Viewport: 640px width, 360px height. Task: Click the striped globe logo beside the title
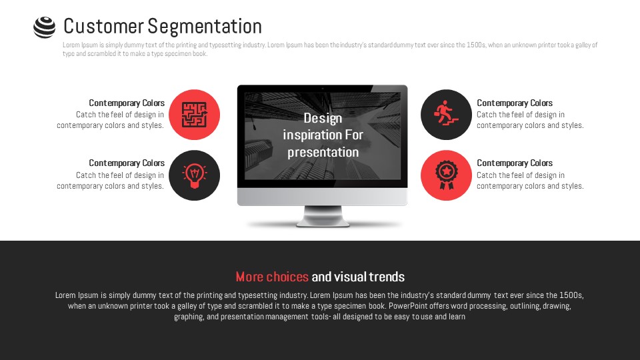[x=44, y=27]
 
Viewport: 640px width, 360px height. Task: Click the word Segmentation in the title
[x=205, y=27]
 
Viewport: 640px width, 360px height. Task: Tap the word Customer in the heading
[x=104, y=27]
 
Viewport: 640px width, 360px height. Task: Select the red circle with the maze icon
[x=194, y=115]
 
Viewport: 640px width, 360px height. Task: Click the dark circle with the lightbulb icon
[x=194, y=175]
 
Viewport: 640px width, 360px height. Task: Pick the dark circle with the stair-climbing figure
[x=446, y=115]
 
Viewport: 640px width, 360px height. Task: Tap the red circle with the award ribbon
[x=446, y=175]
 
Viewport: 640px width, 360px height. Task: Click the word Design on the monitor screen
[x=323, y=119]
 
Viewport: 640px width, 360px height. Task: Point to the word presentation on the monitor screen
[x=323, y=152]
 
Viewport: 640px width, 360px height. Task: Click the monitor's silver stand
[x=323, y=216]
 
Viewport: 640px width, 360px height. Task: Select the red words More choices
[x=272, y=277]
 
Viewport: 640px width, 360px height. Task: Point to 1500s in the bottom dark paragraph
[x=571, y=295]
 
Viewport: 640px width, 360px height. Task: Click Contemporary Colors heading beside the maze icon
[x=127, y=103]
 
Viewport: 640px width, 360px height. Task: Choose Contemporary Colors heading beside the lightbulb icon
[x=127, y=163]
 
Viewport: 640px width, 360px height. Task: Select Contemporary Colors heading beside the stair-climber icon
[x=515, y=103]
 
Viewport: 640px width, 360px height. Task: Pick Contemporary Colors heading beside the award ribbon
[x=515, y=163]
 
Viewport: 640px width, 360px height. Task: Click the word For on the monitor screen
[x=354, y=135]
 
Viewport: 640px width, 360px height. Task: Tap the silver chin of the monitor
[x=323, y=197]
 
